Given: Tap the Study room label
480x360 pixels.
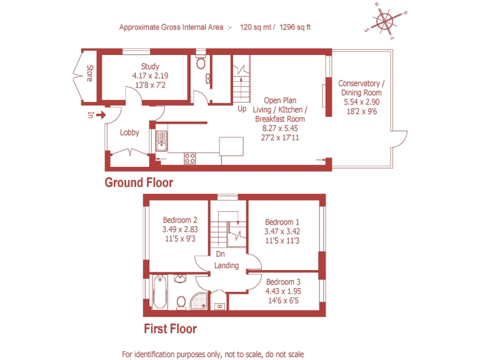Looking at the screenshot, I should pos(150,66).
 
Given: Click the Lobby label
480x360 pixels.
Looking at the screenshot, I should pos(129,132).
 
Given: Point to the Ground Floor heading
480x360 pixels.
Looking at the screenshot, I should pos(138,182).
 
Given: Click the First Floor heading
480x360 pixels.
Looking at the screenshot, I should pos(170,329).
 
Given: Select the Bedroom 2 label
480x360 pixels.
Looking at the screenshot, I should pos(180,220).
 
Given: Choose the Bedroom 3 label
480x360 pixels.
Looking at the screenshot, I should pos(282,281).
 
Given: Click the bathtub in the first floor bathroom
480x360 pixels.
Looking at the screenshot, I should pos(158,293).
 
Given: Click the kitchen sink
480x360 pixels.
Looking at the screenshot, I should pos(161,141).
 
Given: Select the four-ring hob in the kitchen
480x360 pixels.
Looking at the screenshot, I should pos(190,158).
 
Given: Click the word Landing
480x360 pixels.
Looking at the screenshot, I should pos(226,266).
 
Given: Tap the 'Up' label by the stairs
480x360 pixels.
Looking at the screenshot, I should pos(242,109).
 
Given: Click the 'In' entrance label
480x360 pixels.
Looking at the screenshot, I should pos(91,114).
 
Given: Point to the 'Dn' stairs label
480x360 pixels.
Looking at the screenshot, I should pos(220,254).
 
